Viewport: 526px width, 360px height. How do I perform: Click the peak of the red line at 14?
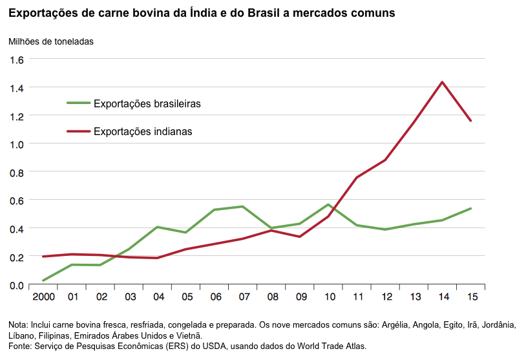(442, 82)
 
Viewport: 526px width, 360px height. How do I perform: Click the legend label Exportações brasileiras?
(147, 103)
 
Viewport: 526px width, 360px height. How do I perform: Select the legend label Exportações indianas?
(143, 131)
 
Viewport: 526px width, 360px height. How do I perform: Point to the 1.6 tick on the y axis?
(16, 59)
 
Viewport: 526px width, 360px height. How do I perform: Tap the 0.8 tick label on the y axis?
(16, 173)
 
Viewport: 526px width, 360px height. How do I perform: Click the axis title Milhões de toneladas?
(51, 41)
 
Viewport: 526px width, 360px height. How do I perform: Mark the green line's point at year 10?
(328, 205)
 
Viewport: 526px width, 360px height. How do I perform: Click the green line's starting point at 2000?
(43, 281)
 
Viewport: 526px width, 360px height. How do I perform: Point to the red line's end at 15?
(470, 121)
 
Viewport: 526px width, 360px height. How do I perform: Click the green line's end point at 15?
(470, 209)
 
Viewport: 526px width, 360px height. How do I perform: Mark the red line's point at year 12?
(385, 160)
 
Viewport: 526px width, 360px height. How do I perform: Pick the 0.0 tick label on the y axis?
(16, 286)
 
